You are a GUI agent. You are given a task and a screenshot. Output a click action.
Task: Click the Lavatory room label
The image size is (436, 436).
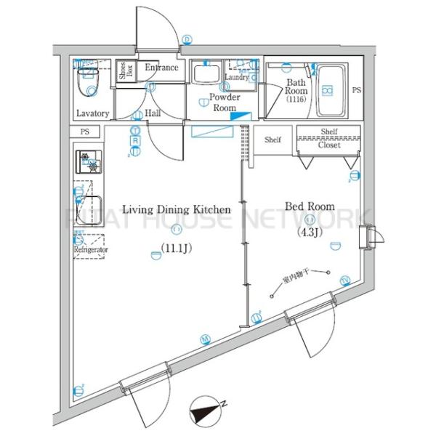[93, 113]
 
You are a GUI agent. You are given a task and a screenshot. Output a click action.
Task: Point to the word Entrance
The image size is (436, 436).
[161, 68]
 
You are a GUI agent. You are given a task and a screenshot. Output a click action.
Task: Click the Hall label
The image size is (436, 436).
[153, 113]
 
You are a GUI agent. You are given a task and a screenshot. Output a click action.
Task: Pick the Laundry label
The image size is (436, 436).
[237, 77]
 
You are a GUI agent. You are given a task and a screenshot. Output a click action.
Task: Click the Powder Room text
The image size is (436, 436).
[224, 102]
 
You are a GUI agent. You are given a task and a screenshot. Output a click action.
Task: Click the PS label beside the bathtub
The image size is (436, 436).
[356, 90]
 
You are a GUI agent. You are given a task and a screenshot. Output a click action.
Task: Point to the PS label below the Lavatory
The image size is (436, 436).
[86, 132]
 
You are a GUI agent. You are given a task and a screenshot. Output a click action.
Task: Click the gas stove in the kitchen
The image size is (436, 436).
[89, 161]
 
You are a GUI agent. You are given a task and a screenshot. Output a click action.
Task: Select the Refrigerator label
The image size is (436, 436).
[91, 249]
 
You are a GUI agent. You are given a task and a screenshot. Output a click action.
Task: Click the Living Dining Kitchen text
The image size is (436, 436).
[176, 209]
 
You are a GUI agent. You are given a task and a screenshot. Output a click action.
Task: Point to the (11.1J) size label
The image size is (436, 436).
[176, 248]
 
